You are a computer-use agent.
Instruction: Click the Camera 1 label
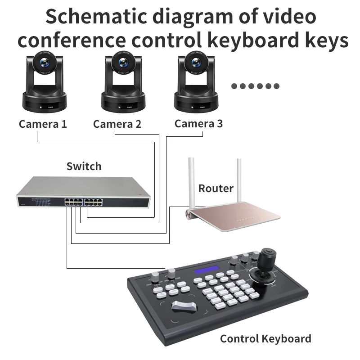(43, 124)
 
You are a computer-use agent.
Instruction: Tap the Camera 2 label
(117, 124)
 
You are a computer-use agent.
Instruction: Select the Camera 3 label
(198, 123)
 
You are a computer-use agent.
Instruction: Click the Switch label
(84, 166)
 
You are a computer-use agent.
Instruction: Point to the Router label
(216, 188)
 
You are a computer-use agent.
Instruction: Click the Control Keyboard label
(265, 338)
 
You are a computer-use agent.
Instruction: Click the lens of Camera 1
(45, 63)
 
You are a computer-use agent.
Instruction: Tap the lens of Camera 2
(122, 63)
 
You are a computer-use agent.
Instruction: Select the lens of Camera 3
(197, 63)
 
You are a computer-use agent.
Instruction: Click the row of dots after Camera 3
(255, 86)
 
